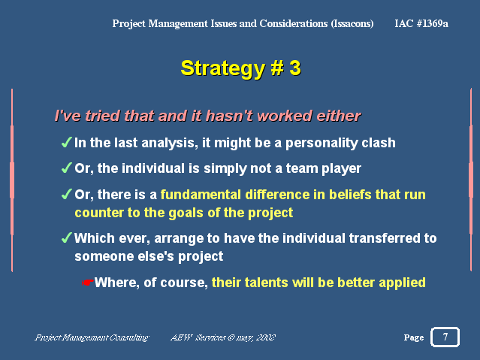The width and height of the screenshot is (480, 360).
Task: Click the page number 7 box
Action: point(445,337)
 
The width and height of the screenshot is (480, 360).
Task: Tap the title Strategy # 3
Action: point(241,68)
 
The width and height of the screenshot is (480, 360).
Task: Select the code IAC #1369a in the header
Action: point(421,23)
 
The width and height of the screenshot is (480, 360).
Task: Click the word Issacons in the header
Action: point(352,24)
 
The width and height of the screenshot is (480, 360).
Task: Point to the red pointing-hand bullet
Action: point(88,283)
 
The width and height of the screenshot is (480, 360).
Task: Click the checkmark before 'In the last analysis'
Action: point(66,143)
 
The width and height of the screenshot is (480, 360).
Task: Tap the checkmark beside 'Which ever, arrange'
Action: point(66,237)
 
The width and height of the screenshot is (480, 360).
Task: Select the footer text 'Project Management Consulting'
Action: point(92,337)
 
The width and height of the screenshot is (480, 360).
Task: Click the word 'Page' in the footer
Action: point(414,337)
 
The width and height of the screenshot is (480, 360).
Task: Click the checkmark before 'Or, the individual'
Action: point(66,168)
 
